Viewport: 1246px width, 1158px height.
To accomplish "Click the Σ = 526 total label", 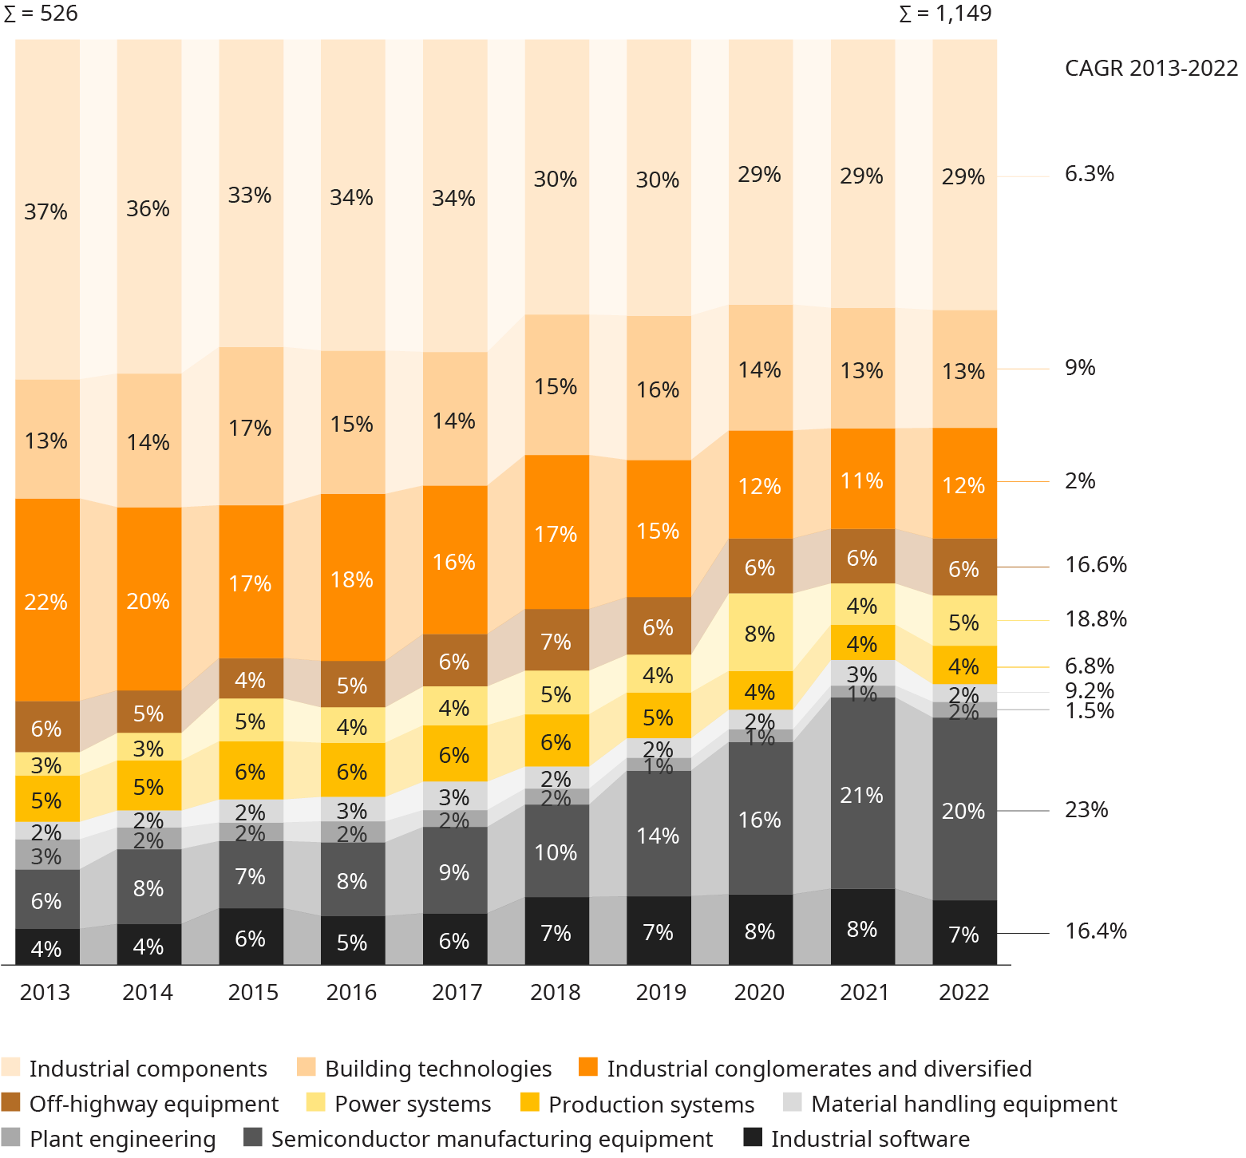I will (x=41, y=14).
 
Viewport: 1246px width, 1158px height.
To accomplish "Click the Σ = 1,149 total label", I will (x=945, y=14).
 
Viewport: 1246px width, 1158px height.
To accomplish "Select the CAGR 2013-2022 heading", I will (x=1151, y=68).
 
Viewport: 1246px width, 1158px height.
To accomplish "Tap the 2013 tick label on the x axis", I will (x=45, y=992).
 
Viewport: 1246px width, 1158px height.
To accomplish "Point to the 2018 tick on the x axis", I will (x=556, y=992).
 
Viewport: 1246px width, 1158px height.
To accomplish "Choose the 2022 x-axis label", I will (x=963, y=992).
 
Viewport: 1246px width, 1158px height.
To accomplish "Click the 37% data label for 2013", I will (x=45, y=211).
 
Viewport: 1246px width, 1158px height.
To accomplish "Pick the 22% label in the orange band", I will (x=45, y=602).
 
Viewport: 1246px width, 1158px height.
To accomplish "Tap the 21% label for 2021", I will (x=861, y=795).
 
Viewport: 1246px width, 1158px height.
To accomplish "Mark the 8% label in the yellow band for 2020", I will (x=759, y=634).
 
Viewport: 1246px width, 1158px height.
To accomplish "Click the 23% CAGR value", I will (x=1086, y=810).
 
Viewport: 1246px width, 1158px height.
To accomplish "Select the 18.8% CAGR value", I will (x=1096, y=619).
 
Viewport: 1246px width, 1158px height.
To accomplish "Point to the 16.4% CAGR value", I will (x=1096, y=931).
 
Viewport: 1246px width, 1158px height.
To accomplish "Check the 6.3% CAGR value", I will (x=1090, y=174).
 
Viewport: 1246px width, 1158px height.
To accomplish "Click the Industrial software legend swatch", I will (x=753, y=1137).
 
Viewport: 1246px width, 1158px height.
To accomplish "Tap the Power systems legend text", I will (x=413, y=1104).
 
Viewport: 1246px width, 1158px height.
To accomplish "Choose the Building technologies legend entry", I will (x=438, y=1069).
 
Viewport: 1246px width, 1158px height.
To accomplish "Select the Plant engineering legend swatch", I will (x=11, y=1137).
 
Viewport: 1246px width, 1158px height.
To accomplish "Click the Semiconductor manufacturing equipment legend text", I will (x=492, y=1139).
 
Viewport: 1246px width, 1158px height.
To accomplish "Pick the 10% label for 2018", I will (x=556, y=852).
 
